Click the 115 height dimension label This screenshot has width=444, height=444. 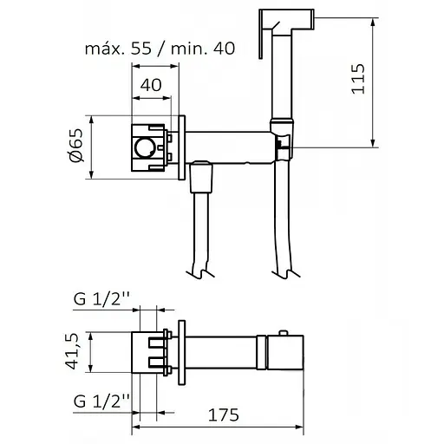(x=358, y=79)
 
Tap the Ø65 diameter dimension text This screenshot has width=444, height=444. (x=76, y=146)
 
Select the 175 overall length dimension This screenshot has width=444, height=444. (x=224, y=415)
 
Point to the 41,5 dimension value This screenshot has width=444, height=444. (x=71, y=351)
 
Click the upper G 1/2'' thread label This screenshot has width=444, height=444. (x=101, y=299)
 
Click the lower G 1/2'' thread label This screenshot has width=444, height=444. (x=101, y=401)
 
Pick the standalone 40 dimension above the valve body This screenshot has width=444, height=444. (x=151, y=85)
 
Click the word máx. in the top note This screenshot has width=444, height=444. (x=106, y=49)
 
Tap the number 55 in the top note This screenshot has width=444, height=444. (x=141, y=49)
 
